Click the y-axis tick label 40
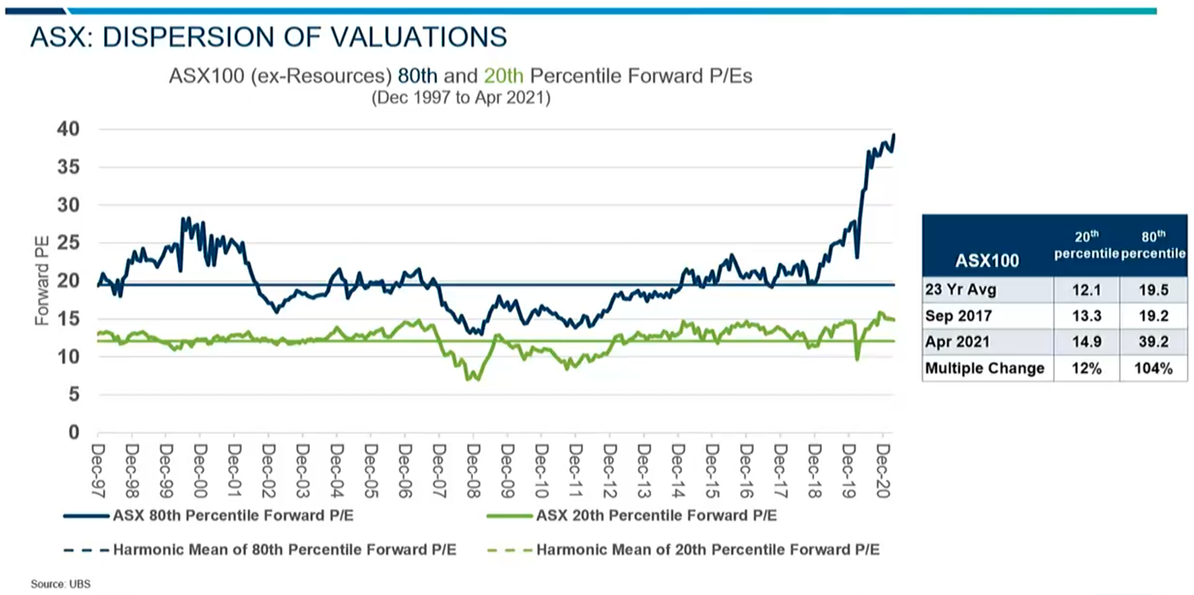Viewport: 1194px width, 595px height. [x=69, y=129]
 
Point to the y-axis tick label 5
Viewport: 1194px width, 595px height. [x=74, y=394]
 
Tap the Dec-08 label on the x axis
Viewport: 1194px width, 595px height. [x=474, y=471]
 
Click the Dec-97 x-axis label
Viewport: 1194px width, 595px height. [x=98, y=471]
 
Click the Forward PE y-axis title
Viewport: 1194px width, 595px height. [x=42, y=280]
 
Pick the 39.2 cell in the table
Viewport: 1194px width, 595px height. [x=1153, y=342]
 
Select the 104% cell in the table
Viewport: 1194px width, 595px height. [x=1153, y=368]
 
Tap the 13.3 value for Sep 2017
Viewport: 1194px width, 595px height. [x=1086, y=316]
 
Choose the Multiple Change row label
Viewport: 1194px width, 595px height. [x=985, y=368]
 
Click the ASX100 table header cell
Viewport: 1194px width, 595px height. [x=987, y=260]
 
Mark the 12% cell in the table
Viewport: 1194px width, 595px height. [x=1086, y=368]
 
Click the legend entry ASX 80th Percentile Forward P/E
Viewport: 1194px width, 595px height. [x=233, y=516]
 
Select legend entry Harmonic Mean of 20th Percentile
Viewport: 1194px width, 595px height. [x=708, y=550]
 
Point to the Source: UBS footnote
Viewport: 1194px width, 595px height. [x=61, y=584]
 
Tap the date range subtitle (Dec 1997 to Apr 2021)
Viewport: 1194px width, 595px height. [x=461, y=98]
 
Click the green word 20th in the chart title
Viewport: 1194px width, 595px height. [x=504, y=76]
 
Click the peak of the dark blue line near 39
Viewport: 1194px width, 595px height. [x=893, y=135]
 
